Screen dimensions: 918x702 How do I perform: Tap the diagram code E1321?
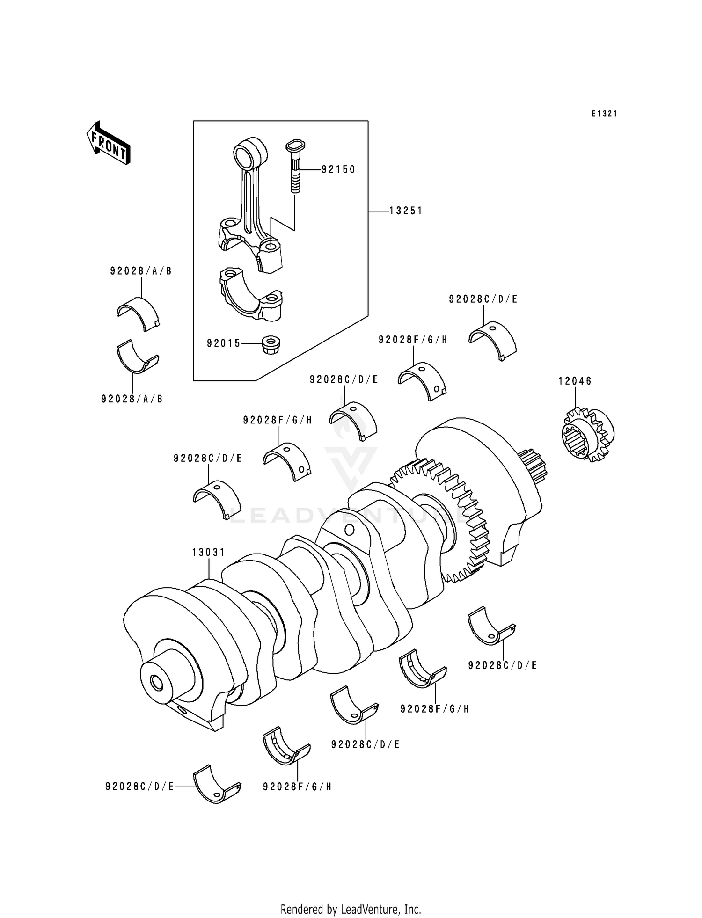tap(604, 114)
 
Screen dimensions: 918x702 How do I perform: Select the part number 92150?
tap(338, 169)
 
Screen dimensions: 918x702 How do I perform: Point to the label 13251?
tap(406, 211)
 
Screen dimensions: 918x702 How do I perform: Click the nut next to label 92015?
tap(270, 344)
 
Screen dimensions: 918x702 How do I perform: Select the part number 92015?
tap(224, 344)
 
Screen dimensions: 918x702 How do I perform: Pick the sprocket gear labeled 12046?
tap(588, 435)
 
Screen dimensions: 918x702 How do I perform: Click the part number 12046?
tap(575, 381)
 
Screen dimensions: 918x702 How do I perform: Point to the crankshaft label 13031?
tap(209, 553)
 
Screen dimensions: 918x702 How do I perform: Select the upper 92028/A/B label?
tap(141, 271)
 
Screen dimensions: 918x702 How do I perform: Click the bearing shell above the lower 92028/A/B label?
tap(137, 357)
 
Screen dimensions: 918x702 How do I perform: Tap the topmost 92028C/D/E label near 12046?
tap(483, 299)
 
